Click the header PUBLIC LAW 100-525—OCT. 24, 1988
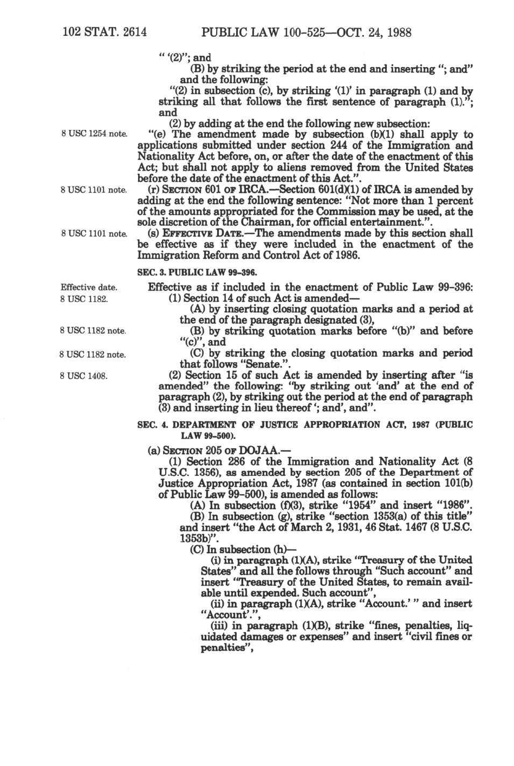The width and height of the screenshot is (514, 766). pos(306,32)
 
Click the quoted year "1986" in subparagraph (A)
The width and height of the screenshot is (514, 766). pos(452,506)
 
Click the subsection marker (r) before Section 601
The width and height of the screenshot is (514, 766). pos(154,189)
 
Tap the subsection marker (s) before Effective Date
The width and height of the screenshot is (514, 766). pos(154,233)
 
